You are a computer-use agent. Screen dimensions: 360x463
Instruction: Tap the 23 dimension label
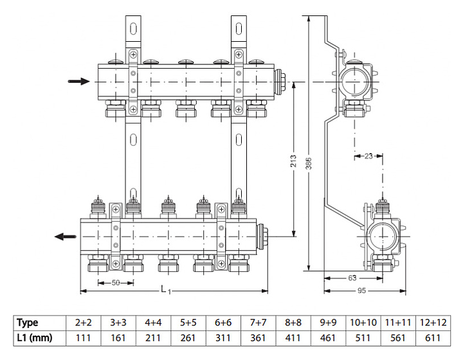[x=368, y=155]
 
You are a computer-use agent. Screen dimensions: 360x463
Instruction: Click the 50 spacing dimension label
[x=116, y=282]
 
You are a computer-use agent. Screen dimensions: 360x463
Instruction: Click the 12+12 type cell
[x=433, y=323]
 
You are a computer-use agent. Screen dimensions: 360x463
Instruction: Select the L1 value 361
[x=257, y=337]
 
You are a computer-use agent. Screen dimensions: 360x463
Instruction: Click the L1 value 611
[x=433, y=337]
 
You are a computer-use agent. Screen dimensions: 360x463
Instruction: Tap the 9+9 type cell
[x=327, y=323]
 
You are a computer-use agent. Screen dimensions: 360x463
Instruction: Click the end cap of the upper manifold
[x=282, y=82]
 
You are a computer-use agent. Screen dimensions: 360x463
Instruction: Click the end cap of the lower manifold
[x=264, y=236]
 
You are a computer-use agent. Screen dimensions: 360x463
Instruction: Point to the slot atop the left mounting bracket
[x=132, y=29]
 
